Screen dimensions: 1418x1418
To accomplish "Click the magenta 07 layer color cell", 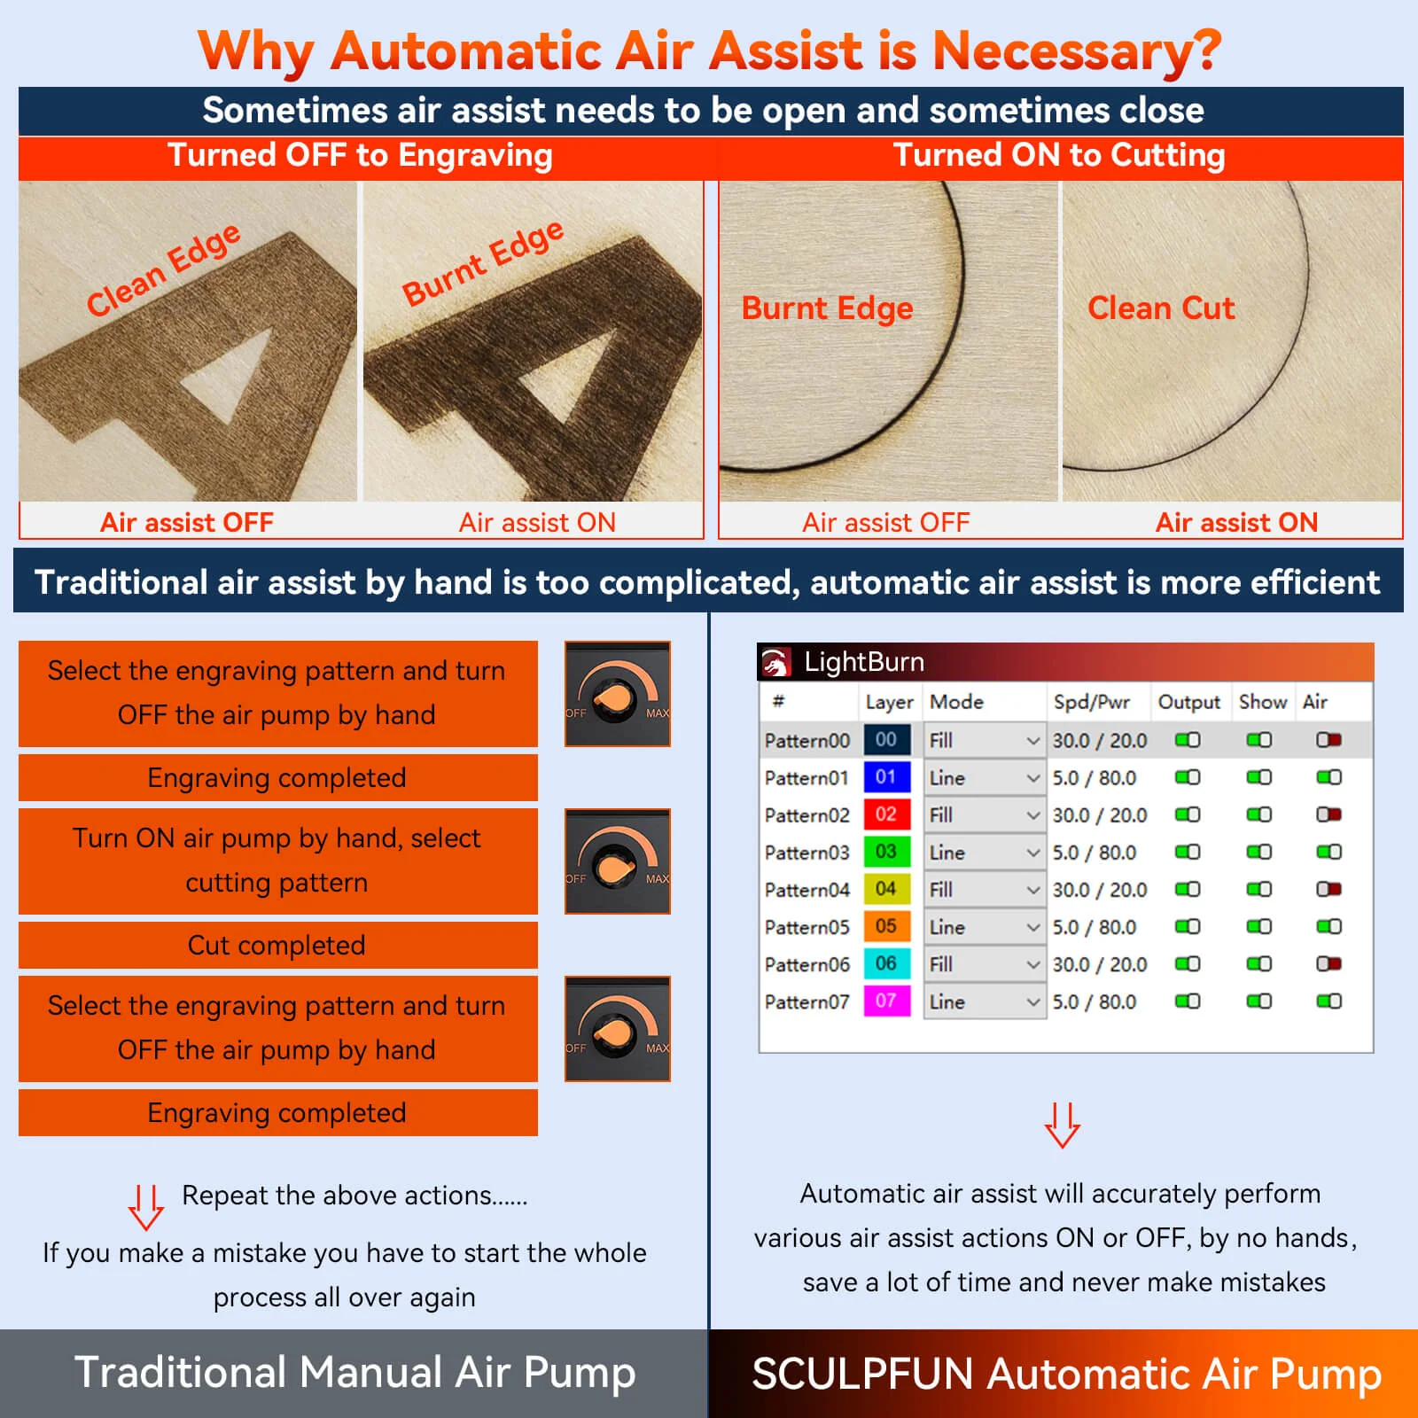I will (886, 1001).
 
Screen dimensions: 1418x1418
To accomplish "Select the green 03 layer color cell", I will (886, 852).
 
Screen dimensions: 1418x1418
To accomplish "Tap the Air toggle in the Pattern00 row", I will (1328, 739).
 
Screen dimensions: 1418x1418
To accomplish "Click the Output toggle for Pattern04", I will (1187, 889).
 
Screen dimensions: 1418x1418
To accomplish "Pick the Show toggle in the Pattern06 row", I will (1258, 963).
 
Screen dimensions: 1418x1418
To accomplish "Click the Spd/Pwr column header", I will (1091, 702).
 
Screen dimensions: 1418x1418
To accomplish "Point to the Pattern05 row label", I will (806, 927).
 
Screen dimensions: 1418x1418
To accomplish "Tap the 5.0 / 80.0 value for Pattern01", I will (1094, 777).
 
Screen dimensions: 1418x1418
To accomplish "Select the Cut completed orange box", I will (277, 946).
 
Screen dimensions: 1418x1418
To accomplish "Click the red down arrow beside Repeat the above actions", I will (145, 1207).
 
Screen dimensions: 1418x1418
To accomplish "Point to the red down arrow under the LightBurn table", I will (1062, 1125).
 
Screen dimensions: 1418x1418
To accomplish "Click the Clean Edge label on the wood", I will (163, 269).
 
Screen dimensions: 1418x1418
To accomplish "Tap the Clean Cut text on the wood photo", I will (1160, 308).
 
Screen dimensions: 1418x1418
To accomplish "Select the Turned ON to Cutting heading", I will (1059, 156).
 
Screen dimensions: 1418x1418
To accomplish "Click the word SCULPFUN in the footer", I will (862, 1375).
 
